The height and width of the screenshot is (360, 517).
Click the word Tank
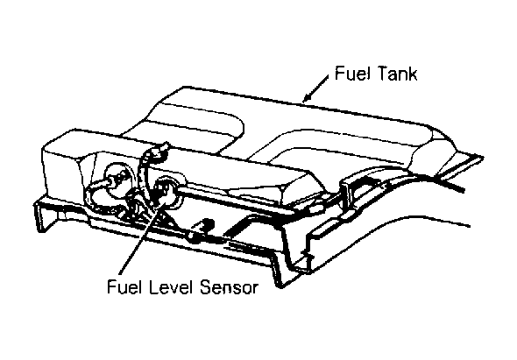(398, 74)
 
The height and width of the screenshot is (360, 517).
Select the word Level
(171, 286)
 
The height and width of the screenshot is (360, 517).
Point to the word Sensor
(229, 287)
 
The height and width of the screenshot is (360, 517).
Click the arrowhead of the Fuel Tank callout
(307, 97)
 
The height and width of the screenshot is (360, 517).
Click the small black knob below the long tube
(207, 223)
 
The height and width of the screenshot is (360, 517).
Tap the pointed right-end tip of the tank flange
(482, 158)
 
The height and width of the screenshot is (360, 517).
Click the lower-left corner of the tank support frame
(39, 230)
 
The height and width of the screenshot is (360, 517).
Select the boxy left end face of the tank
(61, 172)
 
